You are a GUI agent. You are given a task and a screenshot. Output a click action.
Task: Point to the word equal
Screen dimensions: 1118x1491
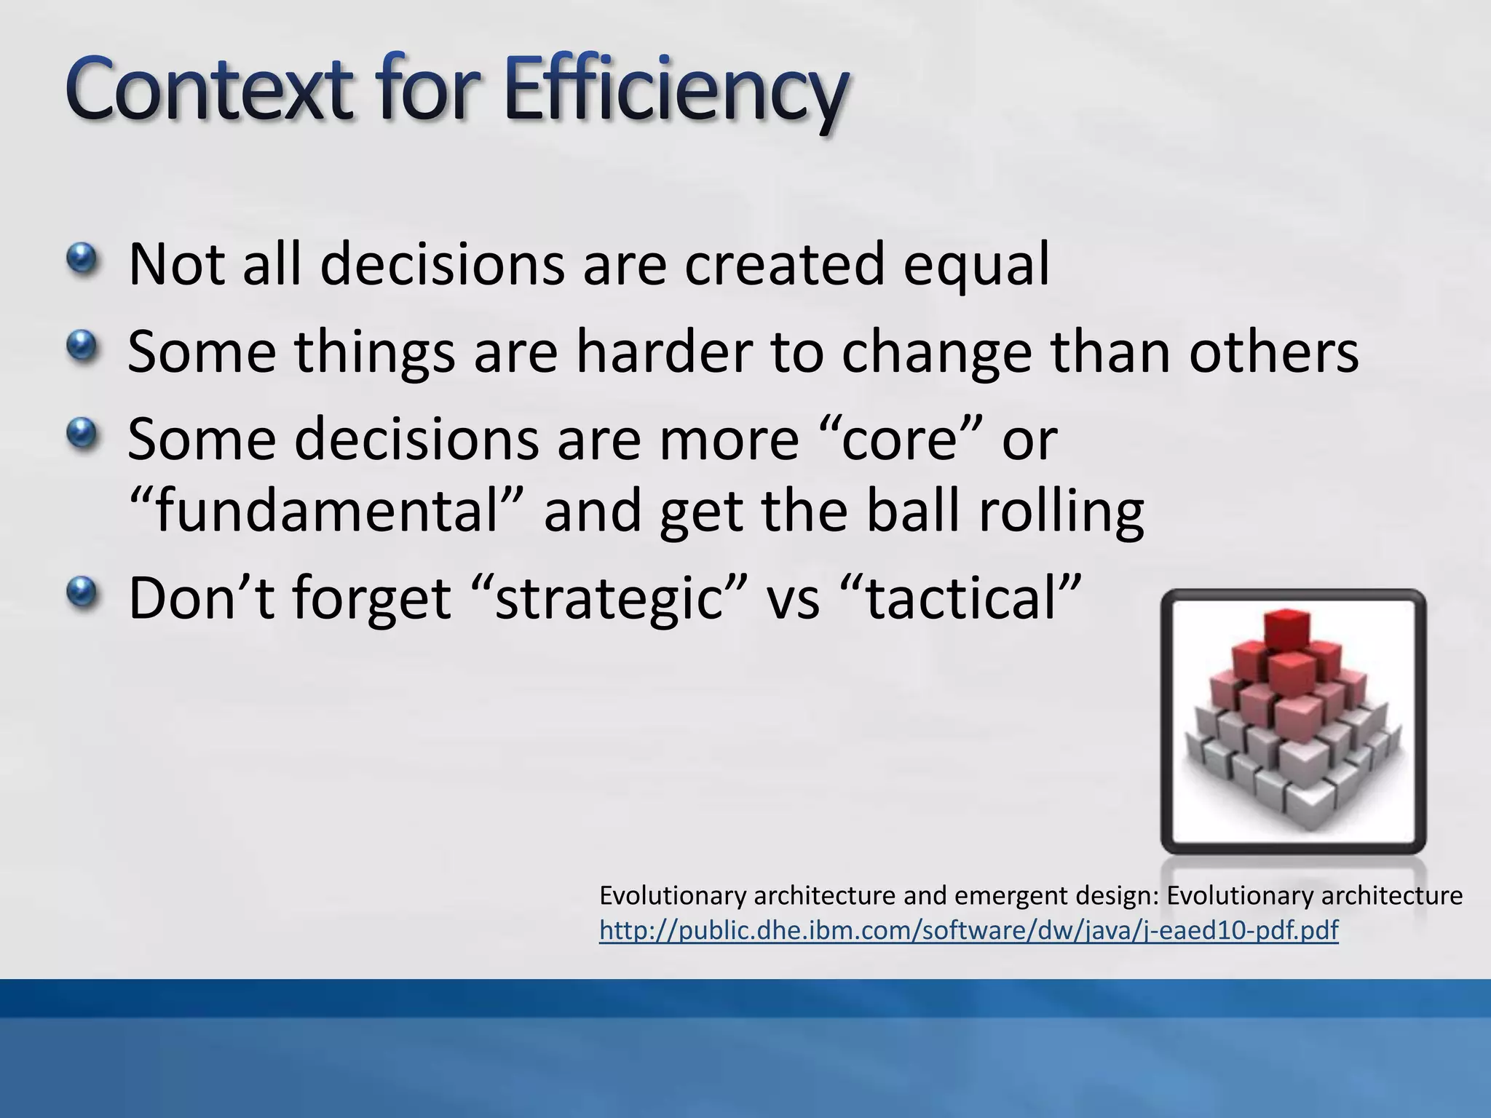(x=976, y=266)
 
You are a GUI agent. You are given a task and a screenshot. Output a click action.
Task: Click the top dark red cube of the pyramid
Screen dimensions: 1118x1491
(x=1288, y=629)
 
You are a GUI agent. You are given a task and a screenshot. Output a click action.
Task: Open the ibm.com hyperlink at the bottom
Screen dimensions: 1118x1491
(x=968, y=930)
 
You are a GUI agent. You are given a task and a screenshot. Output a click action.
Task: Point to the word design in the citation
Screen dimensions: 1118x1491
(x=1117, y=896)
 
